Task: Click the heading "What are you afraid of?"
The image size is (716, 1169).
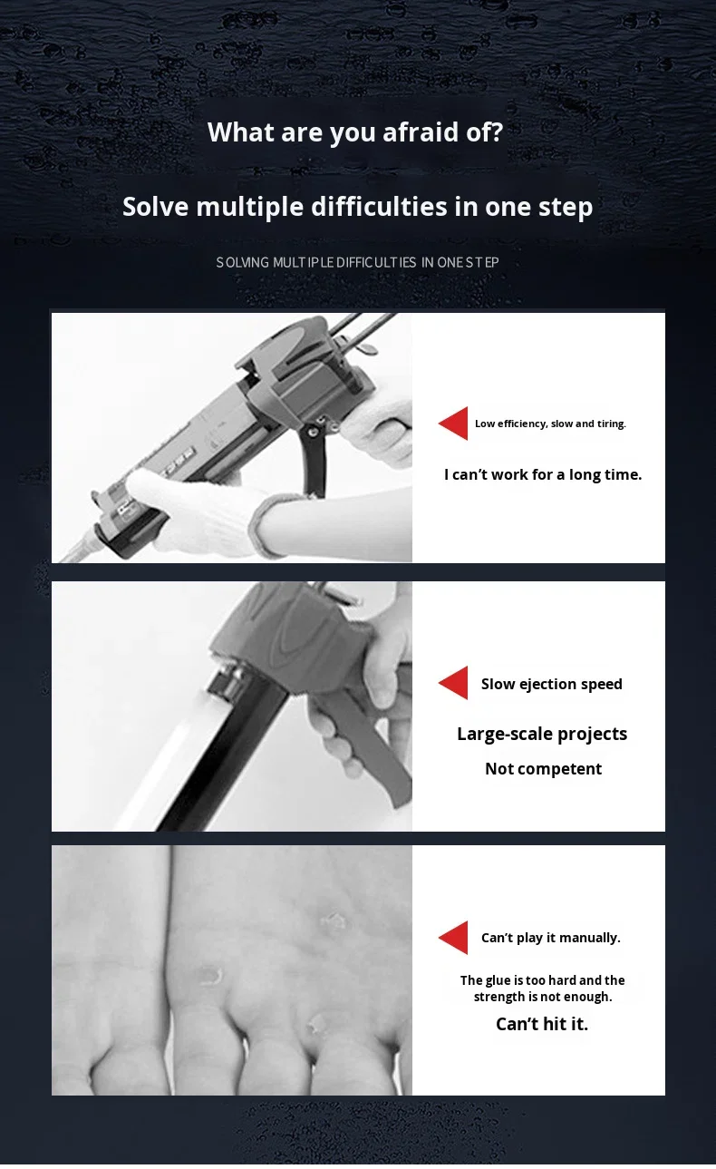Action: pos(355,132)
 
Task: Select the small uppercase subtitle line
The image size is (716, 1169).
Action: pos(357,262)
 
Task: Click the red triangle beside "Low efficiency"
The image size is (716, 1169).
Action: pos(455,424)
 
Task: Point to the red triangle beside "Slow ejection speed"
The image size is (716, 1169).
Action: pos(455,683)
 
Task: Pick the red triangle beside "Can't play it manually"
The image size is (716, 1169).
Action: pos(455,938)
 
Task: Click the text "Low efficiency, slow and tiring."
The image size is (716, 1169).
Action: pos(550,424)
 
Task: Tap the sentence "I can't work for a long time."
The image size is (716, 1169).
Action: pos(542,474)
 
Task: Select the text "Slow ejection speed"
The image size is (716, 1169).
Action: pos(551,684)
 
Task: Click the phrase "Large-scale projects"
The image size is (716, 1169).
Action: pos(542,734)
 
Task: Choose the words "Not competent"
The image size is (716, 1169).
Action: pos(543,769)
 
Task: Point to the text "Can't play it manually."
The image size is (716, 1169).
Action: pos(550,938)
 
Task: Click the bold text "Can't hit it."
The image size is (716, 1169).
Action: pos(542,1024)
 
